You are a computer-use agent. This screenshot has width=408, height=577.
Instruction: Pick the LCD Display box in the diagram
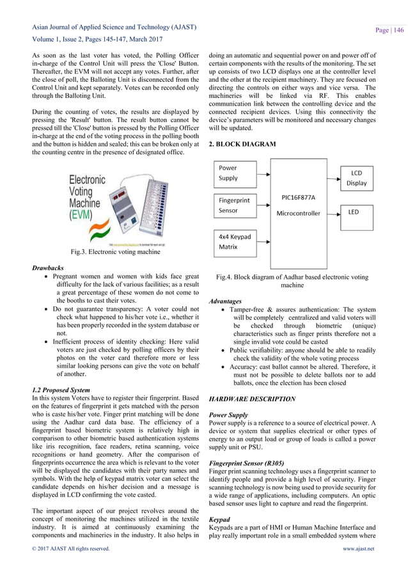[357, 178]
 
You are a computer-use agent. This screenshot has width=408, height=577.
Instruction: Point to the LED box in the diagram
[357, 210]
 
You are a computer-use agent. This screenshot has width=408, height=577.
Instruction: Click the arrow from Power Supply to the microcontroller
[263, 171]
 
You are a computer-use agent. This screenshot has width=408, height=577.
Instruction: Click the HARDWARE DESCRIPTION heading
[253, 399]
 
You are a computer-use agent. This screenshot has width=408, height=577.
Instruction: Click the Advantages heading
[225, 301]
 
